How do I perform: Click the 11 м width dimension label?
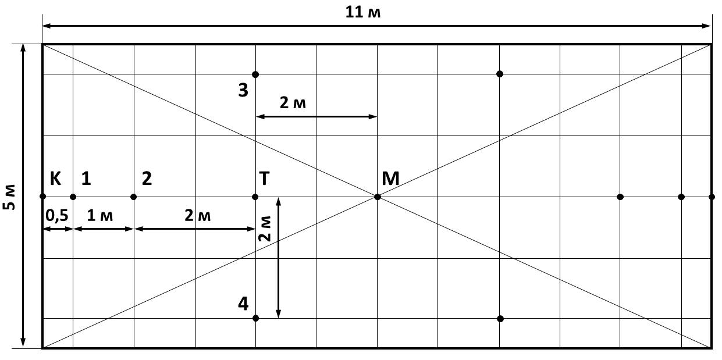coord(363,12)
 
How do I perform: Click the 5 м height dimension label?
coord(9,197)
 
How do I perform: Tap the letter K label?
coord(55,178)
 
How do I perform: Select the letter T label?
coord(264,178)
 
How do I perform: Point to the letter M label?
coord(390,178)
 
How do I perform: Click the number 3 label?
coord(243,90)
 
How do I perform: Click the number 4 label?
coord(243,304)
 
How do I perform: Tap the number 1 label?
coord(86,178)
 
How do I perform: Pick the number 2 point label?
coord(147,178)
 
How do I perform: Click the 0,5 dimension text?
coord(57,215)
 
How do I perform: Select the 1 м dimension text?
coord(100,215)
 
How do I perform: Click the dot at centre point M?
coord(378,197)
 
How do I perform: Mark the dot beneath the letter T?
coord(255,197)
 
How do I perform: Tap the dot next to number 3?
coord(255,74)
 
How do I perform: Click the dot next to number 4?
coord(255,319)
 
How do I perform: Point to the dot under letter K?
coord(42,197)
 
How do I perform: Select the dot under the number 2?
coord(133,197)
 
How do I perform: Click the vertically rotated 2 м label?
coord(265,229)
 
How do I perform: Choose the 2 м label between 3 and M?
coord(293,103)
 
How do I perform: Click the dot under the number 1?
coord(73,197)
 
